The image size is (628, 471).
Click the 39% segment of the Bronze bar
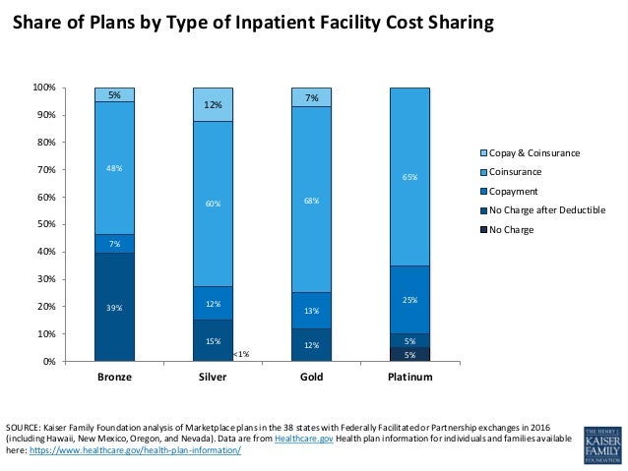[x=114, y=307]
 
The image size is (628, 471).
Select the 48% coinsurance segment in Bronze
[x=114, y=168]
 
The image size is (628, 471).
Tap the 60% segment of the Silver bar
[x=213, y=205]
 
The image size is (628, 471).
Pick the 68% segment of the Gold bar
[x=311, y=200]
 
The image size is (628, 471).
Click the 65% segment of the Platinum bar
[x=409, y=177]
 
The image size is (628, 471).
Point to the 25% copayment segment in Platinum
[x=409, y=299]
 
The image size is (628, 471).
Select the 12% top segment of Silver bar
[x=213, y=104]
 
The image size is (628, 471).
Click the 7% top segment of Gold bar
[x=311, y=97]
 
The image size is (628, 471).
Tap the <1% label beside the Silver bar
[x=241, y=354]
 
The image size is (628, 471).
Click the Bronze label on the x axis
[x=114, y=378]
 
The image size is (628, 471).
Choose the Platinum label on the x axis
[x=409, y=378]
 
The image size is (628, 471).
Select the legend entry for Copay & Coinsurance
[x=531, y=152]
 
